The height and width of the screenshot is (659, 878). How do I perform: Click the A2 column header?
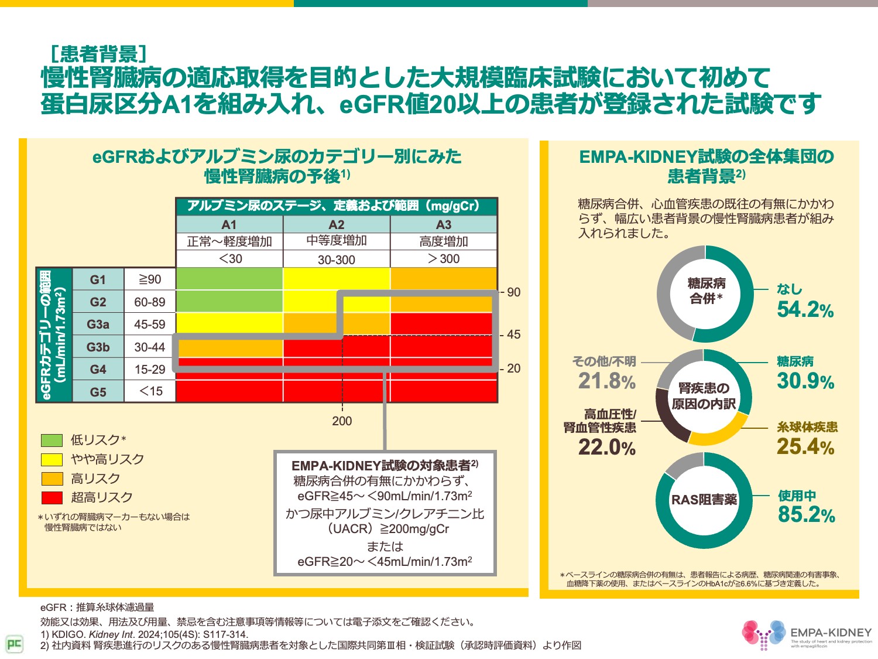(337, 225)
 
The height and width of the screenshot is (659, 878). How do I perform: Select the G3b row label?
(98, 347)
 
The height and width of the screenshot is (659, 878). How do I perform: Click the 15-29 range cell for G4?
(150, 370)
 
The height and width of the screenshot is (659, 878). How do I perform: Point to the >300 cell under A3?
(444, 259)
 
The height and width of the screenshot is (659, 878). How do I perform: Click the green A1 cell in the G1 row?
(229, 279)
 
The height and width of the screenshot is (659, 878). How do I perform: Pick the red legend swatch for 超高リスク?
(52, 498)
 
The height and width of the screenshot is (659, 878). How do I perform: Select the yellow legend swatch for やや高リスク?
(52, 460)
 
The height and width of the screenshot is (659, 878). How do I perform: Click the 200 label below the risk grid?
(342, 421)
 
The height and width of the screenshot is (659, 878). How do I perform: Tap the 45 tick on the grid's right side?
(513, 334)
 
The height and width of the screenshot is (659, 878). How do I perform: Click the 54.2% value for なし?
(805, 310)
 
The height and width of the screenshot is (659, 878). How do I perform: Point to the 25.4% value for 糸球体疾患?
(805, 447)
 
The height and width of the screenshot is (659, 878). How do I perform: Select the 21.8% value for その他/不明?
(607, 381)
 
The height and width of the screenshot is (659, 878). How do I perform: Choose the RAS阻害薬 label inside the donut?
(704, 500)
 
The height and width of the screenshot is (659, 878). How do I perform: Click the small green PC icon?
(14, 644)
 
